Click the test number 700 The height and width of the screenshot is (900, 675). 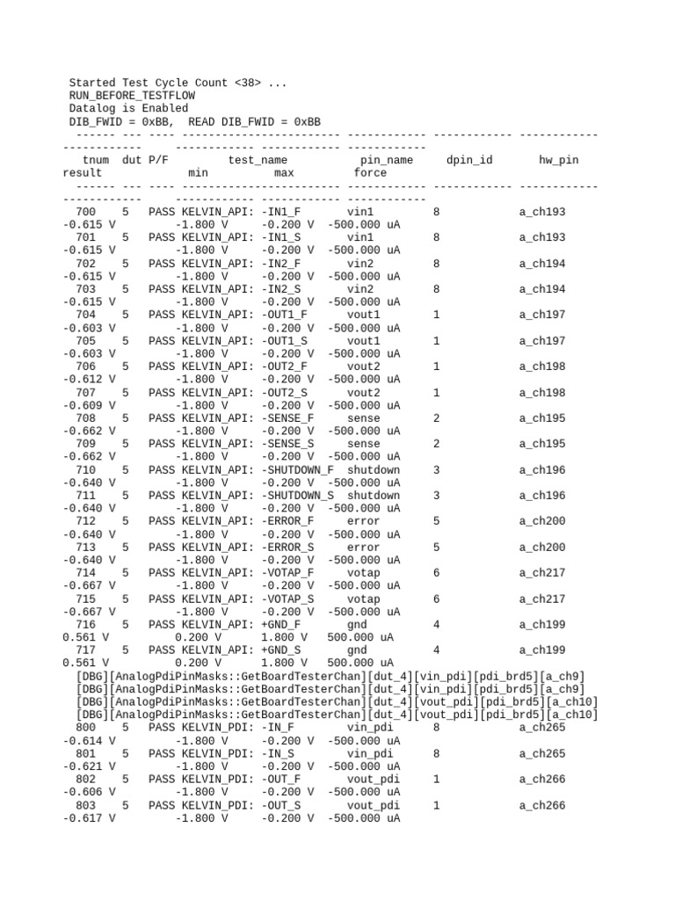tap(86, 212)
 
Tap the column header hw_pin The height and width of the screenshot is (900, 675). tap(558, 161)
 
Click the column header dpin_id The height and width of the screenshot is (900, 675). tap(469, 161)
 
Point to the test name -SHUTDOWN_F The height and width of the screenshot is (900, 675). tap(297, 470)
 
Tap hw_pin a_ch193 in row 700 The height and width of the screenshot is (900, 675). tap(542, 212)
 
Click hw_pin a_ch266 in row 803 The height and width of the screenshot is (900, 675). tap(542, 805)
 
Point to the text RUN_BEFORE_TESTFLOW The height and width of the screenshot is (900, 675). tap(132, 96)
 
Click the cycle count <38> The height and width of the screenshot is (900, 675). tap(248, 83)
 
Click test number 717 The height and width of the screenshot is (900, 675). tap(86, 650)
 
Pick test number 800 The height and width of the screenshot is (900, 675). tap(86, 728)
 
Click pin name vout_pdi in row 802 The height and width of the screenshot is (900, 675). tap(374, 780)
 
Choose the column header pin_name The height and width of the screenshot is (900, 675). tap(387, 161)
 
